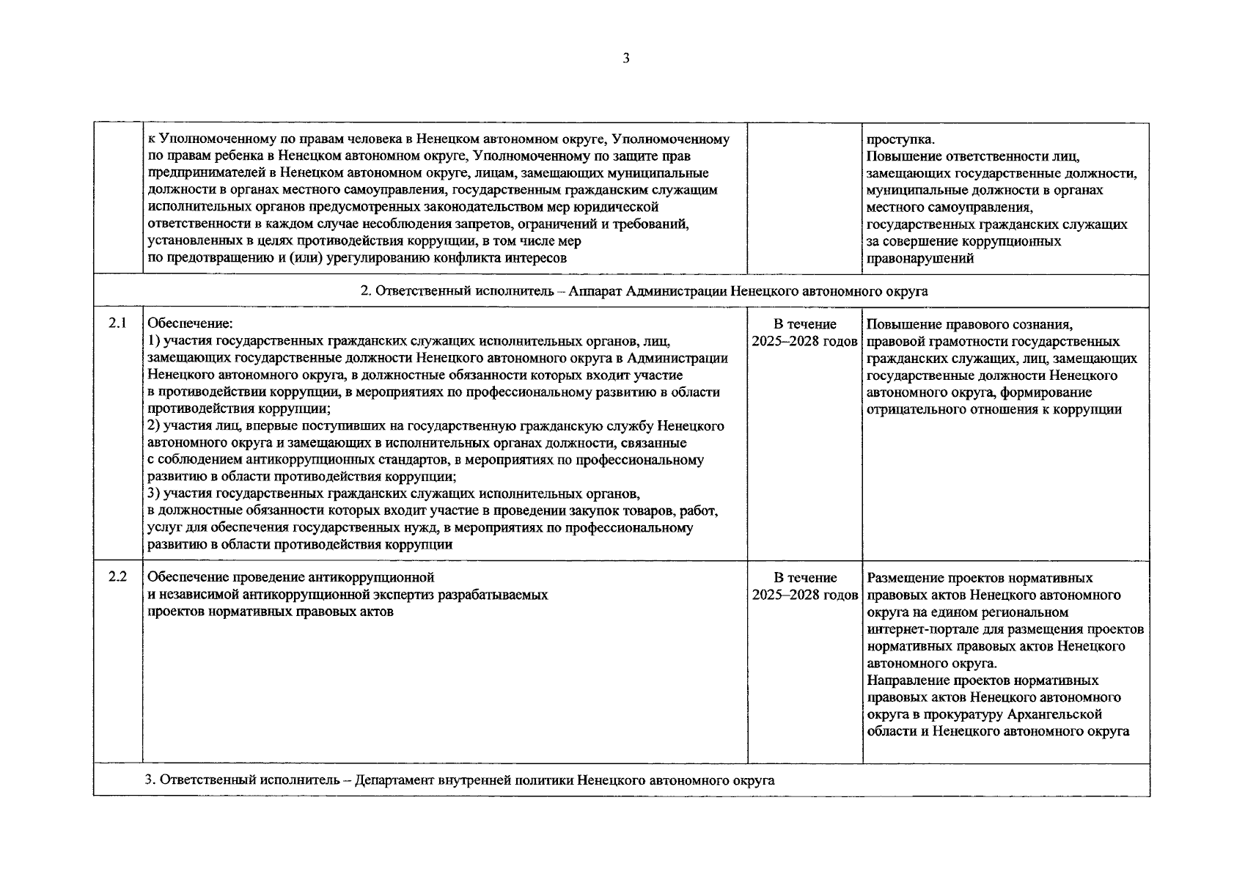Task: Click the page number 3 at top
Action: pyautogui.click(x=625, y=59)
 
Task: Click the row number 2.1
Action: pyautogui.click(x=117, y=323)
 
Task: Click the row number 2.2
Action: pyautogui.click(x=117, y=577)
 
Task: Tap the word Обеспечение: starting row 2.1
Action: pyautogui.click(x=190, y=323)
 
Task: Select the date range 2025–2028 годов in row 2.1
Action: pyautogui.click(x=804, y=341)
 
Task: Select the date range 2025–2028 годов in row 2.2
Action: pyautogui.click(x=804, y=595)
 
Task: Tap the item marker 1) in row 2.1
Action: pyautogui.click(x=154, y=341)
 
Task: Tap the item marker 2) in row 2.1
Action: pyautogui.click(x=154, y=426)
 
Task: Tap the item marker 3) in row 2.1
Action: pyautogui.click(x=154, y=494)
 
